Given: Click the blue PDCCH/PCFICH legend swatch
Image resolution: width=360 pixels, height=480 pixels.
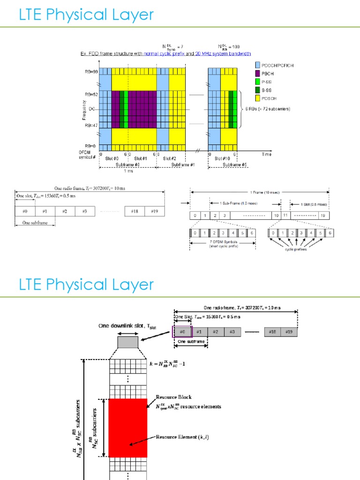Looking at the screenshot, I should pyautogui.click(x=257, y=66).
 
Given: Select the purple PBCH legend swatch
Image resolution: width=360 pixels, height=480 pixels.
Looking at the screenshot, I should pyautogui.click(x=257, y=74).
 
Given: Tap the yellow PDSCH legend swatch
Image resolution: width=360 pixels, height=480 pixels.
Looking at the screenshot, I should pyautogui.click(x=257, y=98).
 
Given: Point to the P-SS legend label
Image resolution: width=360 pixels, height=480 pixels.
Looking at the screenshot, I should pyautogui.click(x=269, y=82).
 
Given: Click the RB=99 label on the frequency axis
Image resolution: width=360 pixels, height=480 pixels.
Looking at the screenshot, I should pyautogui.click(x=91, y=71).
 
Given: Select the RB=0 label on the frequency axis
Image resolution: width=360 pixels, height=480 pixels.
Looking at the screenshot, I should pyautogui.click(x=91, y=146).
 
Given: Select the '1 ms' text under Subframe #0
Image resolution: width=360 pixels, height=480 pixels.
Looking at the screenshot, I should pyautogui.click(x=127, y=171).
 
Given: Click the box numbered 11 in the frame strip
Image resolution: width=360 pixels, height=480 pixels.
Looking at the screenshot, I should pyautogui.click(x=285, y=215).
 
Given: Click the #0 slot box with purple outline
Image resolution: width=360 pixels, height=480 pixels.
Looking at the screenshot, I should pyautogui.click(x=182, y=332).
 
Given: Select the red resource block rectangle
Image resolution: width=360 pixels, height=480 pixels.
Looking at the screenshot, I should pyautogui.click(x=128, y=427).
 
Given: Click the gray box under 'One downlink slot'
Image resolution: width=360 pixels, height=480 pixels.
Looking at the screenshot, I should pyautogui.click(x=127, y=342).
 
